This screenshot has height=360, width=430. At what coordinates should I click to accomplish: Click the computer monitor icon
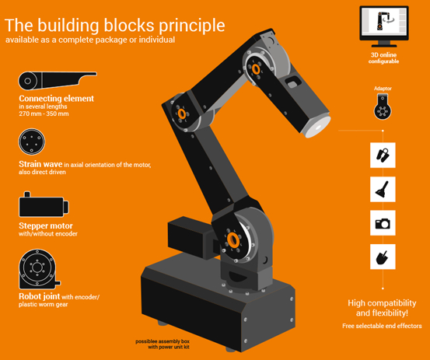(386, 28)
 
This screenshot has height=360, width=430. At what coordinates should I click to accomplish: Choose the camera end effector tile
(382, 222)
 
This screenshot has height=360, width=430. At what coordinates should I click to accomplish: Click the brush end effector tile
(382, 187)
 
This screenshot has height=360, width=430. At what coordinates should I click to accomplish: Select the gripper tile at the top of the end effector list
(382, 154)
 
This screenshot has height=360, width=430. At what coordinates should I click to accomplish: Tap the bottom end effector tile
(382, 257)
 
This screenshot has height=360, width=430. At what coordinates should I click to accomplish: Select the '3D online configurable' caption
(386, 60)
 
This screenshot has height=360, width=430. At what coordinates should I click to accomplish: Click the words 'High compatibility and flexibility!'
(382, 308)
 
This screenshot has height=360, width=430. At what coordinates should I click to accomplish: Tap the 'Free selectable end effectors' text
(382, 325)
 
